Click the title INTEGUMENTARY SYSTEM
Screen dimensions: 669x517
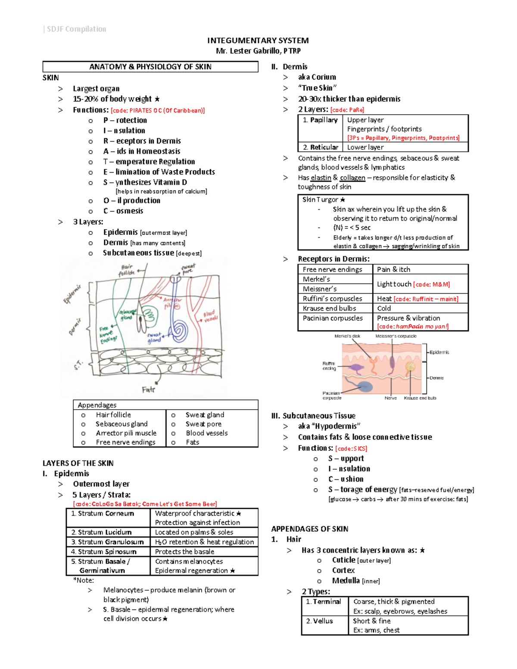258,40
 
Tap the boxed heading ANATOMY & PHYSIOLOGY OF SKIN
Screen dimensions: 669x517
150,67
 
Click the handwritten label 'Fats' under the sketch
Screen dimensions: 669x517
148,389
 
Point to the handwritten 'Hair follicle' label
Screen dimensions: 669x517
127,270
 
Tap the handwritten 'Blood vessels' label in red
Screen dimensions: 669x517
210,316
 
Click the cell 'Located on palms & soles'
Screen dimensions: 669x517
194,532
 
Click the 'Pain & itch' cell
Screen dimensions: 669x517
394,269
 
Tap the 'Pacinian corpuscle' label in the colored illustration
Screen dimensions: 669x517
332,395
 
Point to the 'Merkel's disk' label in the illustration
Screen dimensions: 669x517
347,336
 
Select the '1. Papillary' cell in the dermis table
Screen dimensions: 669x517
320,120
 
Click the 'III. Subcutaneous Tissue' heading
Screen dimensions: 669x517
313,416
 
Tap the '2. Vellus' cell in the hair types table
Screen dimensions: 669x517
320,621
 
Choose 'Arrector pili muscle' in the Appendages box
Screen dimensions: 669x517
126,433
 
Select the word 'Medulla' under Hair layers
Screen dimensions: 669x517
346,581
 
